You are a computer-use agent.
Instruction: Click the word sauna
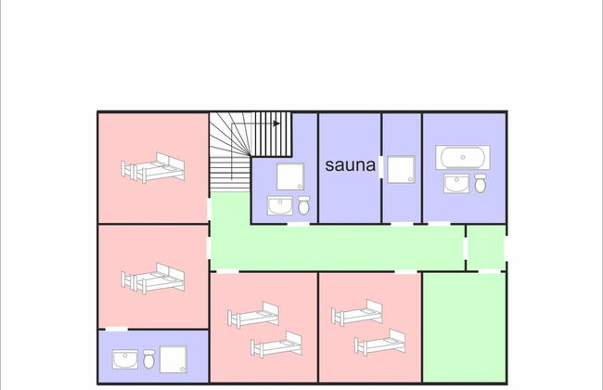[350, 166]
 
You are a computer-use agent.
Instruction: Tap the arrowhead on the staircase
[276, 122]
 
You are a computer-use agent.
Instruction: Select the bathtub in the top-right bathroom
[464, 157]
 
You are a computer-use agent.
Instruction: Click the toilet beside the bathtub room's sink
[481, 184]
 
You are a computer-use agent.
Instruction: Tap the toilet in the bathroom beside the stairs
[302, 204]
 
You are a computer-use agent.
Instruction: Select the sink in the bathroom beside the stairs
[279, 205]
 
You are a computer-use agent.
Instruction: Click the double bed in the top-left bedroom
[153, 169]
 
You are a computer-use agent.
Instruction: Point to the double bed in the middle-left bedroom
[153, 278]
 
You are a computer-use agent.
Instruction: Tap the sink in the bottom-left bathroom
[125, 358]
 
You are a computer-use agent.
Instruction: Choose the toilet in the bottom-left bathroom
[148, 357]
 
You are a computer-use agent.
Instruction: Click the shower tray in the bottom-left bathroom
[173, 358]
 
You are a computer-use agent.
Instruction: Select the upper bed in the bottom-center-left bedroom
[255, 315]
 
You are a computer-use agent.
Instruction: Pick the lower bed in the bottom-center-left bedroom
[277, 345]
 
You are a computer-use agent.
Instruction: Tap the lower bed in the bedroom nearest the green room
[380, 345]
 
